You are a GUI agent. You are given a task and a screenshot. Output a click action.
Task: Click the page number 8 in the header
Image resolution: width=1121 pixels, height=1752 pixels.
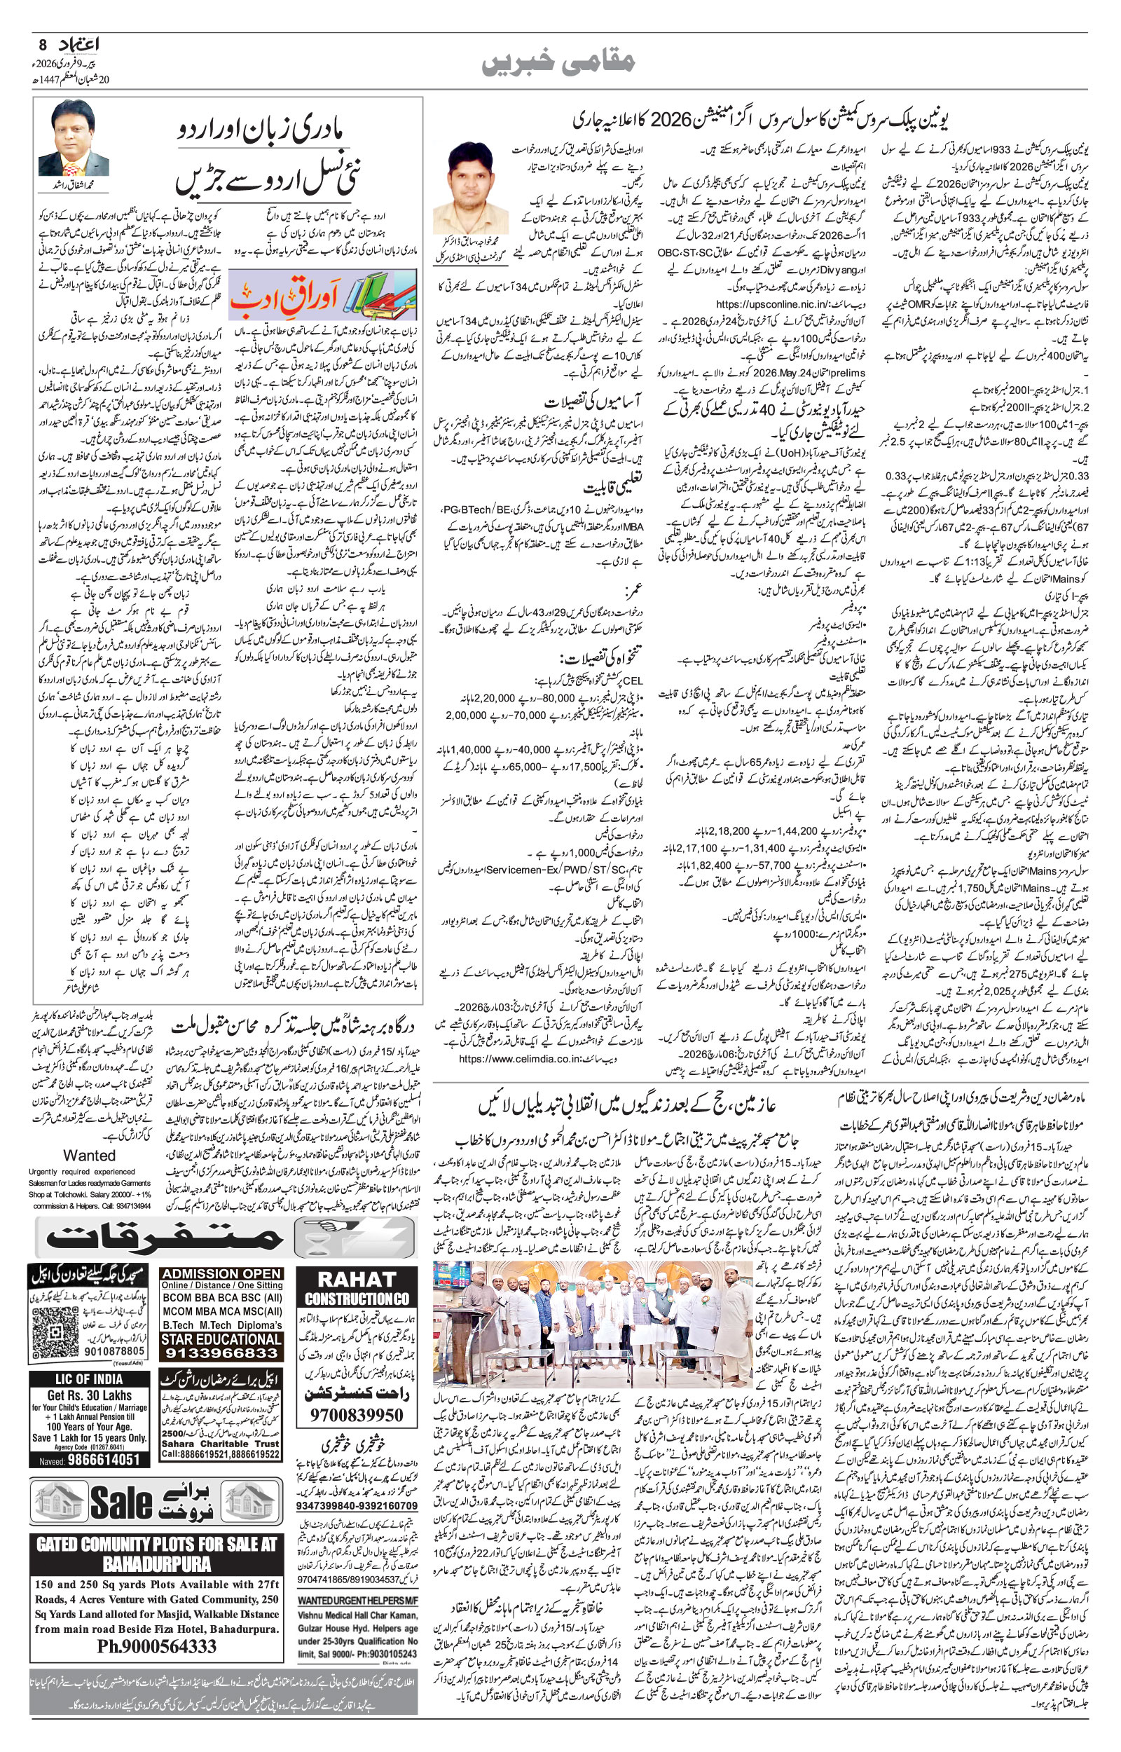(42, 43)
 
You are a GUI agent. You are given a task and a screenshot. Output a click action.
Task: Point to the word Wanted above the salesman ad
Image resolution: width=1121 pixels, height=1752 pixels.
(89, 1155)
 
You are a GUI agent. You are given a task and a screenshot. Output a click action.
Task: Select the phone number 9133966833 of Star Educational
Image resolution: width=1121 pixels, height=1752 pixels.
(221, 1353)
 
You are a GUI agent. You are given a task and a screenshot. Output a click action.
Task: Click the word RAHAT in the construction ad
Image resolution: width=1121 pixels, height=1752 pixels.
(357, 1279)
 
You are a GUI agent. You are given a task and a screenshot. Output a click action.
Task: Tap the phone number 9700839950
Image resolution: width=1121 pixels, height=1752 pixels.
(356, 1416)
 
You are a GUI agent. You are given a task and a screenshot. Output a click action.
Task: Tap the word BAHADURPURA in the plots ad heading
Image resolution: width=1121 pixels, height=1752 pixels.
(156, 1563)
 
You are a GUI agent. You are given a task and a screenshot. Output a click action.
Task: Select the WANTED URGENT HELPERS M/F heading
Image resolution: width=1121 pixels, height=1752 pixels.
(357, 1600)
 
